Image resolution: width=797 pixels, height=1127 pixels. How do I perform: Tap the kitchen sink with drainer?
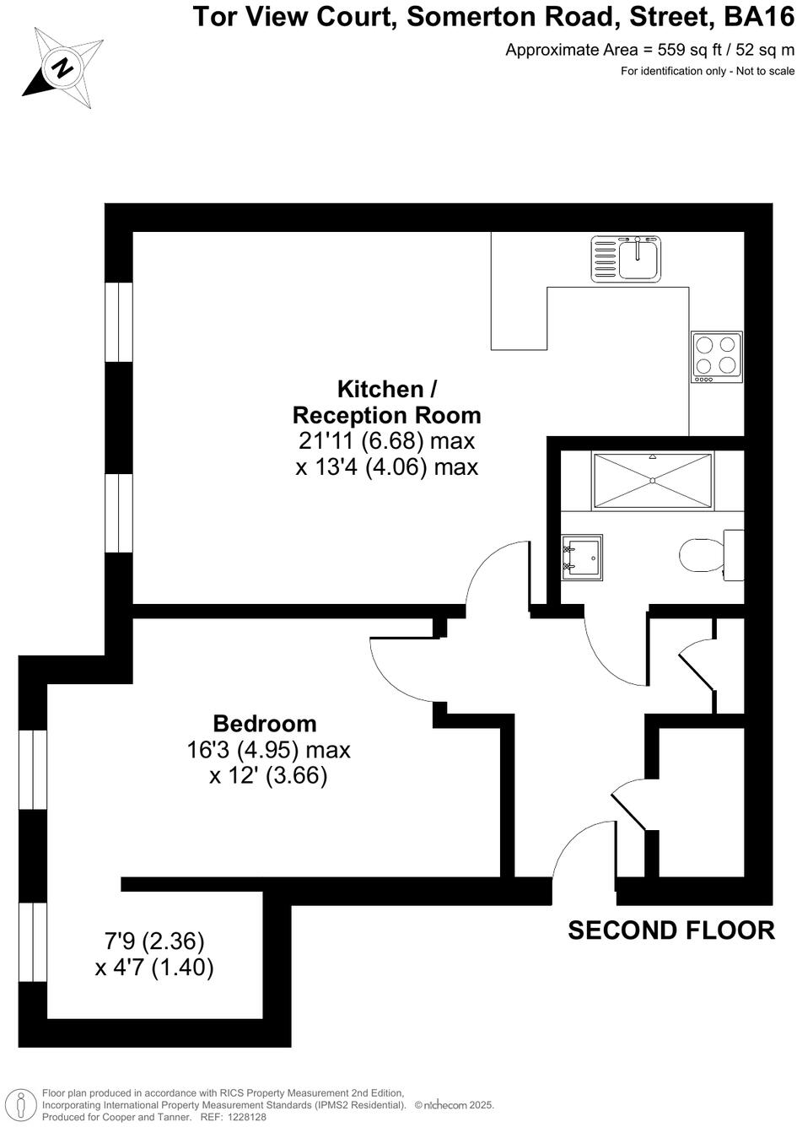[627, 258]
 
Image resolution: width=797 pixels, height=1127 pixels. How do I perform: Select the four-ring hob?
[717, 355]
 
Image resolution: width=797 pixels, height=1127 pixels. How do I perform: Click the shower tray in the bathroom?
[653, 481]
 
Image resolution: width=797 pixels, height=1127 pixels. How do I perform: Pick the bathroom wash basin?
[583, 556]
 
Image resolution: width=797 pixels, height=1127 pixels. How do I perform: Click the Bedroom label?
[265, 724]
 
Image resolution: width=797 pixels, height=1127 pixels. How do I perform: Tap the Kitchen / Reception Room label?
[387, 402]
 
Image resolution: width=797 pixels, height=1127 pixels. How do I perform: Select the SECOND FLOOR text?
[670, 930]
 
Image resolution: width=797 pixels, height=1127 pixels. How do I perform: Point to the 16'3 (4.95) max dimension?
[268, 750]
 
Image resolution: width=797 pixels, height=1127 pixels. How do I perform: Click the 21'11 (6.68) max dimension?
[387, 440]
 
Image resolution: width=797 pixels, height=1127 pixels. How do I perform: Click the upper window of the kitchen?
[119, 322]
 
